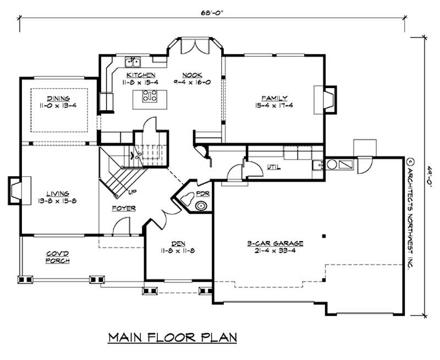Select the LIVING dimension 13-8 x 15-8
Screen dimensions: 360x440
click(x=57, y=201)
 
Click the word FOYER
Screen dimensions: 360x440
click(x=123, y=208)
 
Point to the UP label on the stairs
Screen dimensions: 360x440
click(x=133, y=193)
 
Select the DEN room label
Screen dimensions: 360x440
click(x=178, y=243)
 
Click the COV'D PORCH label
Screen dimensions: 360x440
click(x=57, y=257)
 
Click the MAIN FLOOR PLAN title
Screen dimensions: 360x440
click(x=172, y=337)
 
